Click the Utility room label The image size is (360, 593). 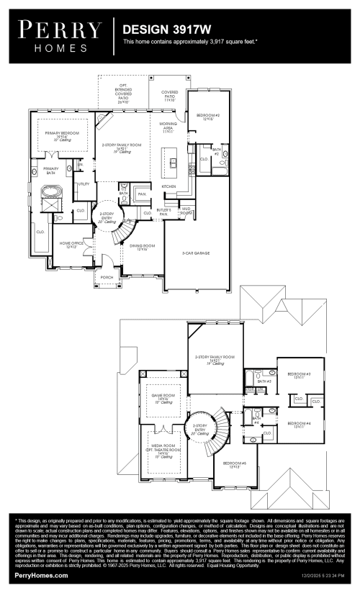point(84,184)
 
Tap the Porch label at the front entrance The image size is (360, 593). point(107,276)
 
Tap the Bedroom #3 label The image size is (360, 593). point(298,375)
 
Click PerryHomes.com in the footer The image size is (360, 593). point(42,576)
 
